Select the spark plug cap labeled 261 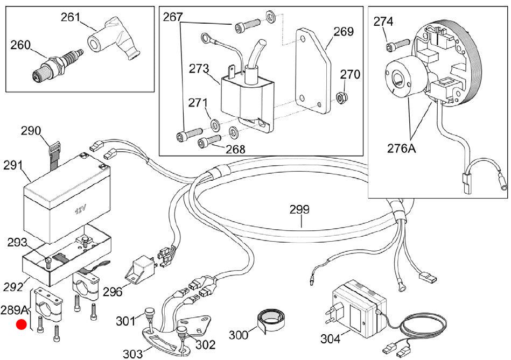(114, 40)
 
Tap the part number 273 (199, 68)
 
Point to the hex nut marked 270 (342, 97)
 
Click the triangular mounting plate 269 (313, 71)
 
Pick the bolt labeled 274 (397, 45)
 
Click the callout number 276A (402, 148)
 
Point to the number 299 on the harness (299, 209)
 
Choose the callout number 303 (132, 354)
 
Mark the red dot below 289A (22, 324)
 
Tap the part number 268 (235, 149)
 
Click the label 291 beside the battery (13, 165)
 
